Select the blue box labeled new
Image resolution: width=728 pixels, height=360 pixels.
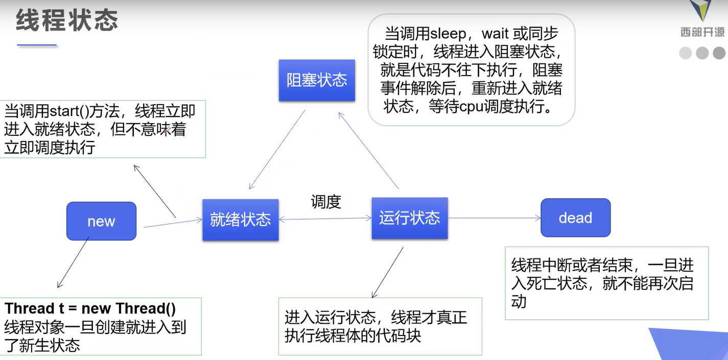click(x=101, y=221)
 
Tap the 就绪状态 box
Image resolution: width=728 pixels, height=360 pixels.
click(x=240, y=220)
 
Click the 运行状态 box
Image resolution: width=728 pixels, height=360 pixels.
click(x=409, y=218)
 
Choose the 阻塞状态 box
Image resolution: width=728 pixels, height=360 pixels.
click(x=316, y=80)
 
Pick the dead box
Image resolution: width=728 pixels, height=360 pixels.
click(x=575, y=218)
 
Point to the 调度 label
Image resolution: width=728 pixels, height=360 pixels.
click(x=325, y=202)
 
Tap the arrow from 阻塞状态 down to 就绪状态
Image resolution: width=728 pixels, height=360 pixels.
click(x=277, y=149)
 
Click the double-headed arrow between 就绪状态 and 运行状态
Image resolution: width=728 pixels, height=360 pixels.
click(x=325, y=219)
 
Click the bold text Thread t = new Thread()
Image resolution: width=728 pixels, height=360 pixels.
click(x=90, y=309)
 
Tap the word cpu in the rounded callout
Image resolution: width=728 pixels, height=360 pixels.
click(x=487, y=107)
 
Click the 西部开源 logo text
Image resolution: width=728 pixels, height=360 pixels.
click(x=702, y=33)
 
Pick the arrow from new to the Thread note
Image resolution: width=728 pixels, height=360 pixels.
click(x=73, y=262)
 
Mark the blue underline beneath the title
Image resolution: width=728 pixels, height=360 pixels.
click(x=37, y=45)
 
